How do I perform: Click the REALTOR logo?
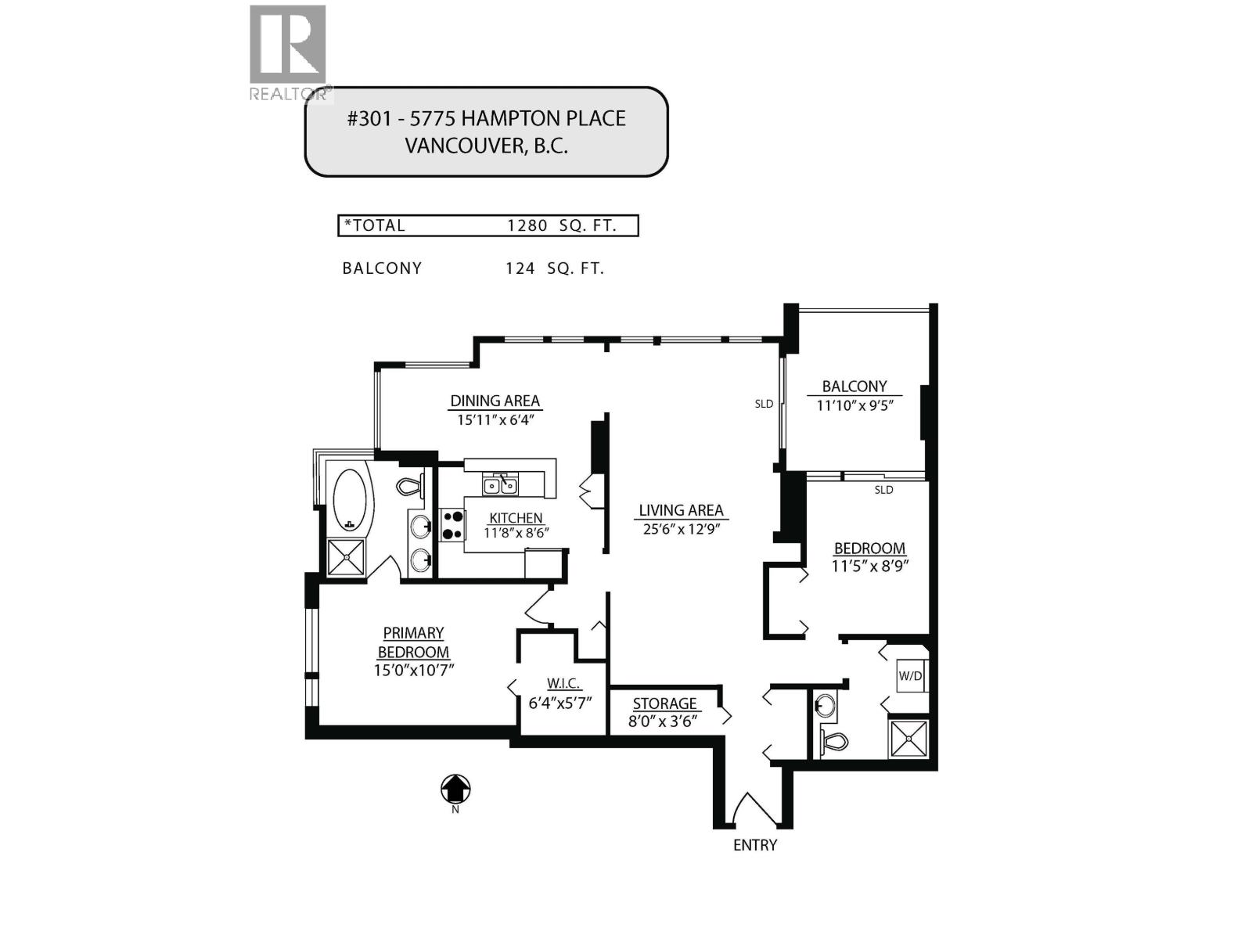(288, 52)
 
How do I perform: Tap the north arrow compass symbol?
(455, 789)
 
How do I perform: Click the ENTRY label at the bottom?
(754, 845)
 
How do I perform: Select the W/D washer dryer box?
(911, 675)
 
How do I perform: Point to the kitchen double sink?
(500, 486)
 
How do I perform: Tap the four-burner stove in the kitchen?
(452, 525)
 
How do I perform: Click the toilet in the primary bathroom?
(410, 487)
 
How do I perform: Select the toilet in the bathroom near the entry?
(834, 739)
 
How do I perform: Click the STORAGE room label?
(664, 703)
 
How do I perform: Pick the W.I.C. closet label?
(563, 683)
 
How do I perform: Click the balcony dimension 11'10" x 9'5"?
(854, 405)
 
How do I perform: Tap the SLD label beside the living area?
(764, 405)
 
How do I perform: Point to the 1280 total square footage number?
(527, 226)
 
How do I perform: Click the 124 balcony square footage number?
(520, 268)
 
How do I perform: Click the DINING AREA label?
(495, 401)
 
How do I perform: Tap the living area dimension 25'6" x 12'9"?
(680, 529)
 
